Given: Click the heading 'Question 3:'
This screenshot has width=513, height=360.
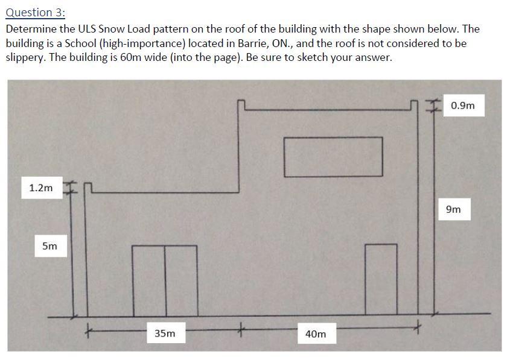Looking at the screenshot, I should pyautogui.click(x=36, y=13).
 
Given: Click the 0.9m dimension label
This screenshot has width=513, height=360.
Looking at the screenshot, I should pyautogui.click(x=463, y=106).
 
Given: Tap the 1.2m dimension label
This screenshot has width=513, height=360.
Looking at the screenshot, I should pyautogui.click(x=41, y=188).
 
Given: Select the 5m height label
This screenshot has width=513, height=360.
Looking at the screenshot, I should pyautogui.click(x=50, y=246).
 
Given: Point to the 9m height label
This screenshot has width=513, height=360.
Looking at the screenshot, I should pyautogui.click(x=453, y=209).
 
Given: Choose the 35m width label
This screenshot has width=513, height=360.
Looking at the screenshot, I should pyautogui.click(x=165, y=333).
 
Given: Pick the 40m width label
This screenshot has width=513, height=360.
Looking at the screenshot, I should pyautogui.click(x=316, y=333).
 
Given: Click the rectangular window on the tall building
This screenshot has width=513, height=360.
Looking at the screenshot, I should pyautogui.click(x=333, y=157).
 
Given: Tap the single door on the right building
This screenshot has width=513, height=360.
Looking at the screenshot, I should pyautogui.click(x=381, y=279).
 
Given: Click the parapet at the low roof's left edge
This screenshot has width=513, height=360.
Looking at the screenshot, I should pyautogui.click(x=88, y=188).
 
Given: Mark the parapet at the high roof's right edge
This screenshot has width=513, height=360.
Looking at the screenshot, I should pyautogui.click(x=414, y=106).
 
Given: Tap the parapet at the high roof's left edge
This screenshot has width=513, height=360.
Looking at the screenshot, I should pyautogui.click(x=241, y=106).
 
